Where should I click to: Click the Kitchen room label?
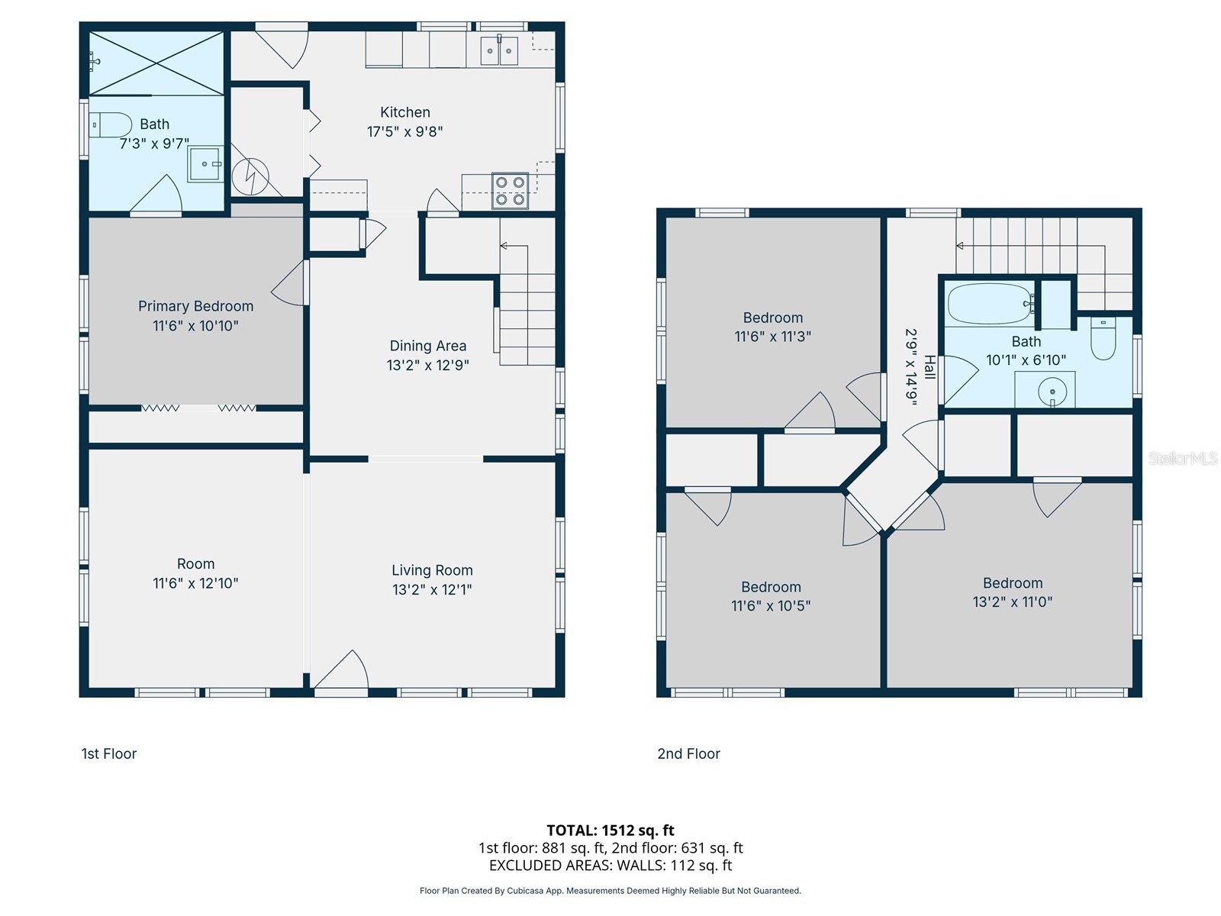pos(405,112)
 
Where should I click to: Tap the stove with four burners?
pos(510,191)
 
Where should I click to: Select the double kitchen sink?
pos(499,50)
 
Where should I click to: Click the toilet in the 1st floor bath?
pos(110,125)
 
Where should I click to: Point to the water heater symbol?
pos(250,177)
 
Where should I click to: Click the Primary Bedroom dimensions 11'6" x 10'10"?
pos(196,326)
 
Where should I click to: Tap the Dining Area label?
pos(428,346)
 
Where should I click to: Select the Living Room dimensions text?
pos(432,589)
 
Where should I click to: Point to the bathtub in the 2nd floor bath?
pos(990,304)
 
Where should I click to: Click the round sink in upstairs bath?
pos(1052,392)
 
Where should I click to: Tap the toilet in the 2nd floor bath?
pos(1103,338)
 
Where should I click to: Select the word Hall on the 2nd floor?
pos(929,367)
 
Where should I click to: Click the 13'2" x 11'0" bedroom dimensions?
pos(1013,602)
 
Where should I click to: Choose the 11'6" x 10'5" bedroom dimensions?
pos(771,605)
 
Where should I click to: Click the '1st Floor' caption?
pos(109,753)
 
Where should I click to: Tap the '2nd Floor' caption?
pos(688,753)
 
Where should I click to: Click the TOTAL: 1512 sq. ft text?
pos(610,831)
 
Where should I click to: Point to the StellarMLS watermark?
pos(1183,458)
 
